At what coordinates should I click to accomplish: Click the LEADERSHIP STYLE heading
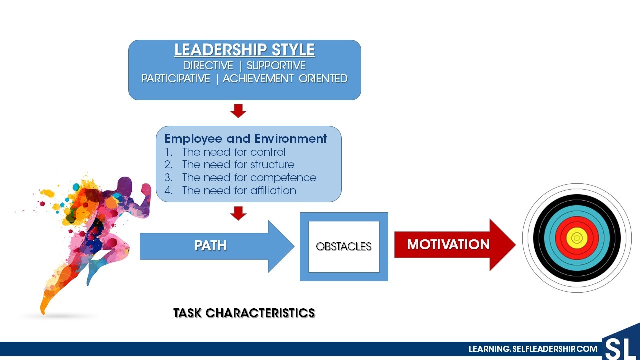tap(244, 50)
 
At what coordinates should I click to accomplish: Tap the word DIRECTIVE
tap(208, 66)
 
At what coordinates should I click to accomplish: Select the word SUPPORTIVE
tap(276, 66)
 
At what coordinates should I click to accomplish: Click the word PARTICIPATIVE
tap(176, 79)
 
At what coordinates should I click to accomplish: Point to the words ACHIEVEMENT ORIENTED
tap(285, 79)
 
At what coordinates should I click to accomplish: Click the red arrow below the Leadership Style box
tap(238, 111)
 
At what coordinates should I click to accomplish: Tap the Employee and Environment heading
tap(245, 139)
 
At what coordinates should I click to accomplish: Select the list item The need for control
tap(234, 152)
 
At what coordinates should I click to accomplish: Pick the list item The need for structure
tap(238, 165)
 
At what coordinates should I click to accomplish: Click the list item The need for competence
tap(249, 177)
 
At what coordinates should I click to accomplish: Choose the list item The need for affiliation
tap(239, 190)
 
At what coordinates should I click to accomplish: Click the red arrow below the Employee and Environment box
tap(238, 213)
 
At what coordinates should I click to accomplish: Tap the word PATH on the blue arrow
tap(210, 246)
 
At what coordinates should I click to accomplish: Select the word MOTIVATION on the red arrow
tap(448, 245)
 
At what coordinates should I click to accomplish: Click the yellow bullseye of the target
tap(577, 238)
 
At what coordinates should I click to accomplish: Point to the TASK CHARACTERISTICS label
tap(244, 313)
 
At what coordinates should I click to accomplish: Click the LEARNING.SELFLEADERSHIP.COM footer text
tap(533, 349)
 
